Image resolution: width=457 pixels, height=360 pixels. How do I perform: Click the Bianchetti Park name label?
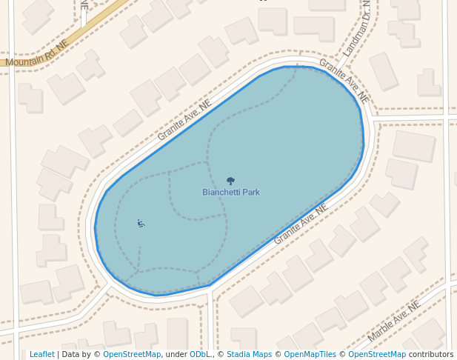click(x=231, y=193)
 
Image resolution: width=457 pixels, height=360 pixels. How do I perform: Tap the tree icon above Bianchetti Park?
click(x=230, y=181)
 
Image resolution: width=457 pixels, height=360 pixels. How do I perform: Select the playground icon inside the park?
click(x=141, y=223)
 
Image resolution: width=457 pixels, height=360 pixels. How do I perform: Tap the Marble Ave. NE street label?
click(x=394, y=321)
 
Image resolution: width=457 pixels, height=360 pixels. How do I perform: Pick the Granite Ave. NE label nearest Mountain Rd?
click(x=184, y=121)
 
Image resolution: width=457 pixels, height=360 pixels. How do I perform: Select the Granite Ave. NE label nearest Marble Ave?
click(x=301, y=225)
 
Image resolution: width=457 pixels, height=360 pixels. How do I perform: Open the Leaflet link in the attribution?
click(x=41, y=354)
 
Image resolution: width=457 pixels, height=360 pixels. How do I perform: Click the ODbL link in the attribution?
click(x=200, y=354)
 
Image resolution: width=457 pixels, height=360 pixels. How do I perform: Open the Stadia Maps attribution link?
click(x=249, y=354)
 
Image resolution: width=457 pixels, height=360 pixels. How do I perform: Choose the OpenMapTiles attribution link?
click(x=310, y=354)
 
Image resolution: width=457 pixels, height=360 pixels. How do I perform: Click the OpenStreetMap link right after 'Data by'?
click(x=132, y=354)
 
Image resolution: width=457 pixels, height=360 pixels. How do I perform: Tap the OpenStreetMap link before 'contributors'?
click(x=377, y=354)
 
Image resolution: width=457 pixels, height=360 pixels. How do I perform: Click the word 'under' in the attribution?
click(x=176, y=354)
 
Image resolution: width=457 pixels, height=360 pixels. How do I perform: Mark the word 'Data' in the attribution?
click(x=71, y=354)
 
